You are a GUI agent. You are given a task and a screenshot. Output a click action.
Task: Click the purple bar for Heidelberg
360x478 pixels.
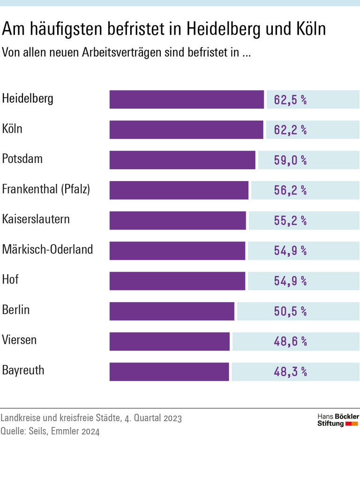[187, 99]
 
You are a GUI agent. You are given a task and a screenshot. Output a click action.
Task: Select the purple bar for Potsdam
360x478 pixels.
[182, 160]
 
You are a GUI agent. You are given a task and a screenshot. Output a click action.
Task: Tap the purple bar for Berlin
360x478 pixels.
[172, 311]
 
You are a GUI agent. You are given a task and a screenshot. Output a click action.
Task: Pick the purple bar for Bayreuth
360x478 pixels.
[169, 372]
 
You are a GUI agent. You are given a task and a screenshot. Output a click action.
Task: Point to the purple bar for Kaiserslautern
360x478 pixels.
[178, 220]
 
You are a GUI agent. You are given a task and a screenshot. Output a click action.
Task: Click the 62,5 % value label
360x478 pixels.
[290, 100]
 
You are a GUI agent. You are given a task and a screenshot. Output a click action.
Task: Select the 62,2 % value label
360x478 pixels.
[290, 130]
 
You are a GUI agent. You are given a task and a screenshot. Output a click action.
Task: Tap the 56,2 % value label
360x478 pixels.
[290, 190]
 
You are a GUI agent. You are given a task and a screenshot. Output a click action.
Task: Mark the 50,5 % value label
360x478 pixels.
[290, 311]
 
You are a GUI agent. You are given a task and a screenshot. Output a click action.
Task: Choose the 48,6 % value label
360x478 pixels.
[290, 341]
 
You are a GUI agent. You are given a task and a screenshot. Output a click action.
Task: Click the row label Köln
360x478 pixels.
[12, 129]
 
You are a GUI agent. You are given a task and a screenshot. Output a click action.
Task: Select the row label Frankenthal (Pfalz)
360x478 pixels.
[46, 189]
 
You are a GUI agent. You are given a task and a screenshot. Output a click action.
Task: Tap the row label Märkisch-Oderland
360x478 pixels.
[47, 250]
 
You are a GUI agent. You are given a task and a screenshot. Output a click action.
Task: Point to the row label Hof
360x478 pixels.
[10, 280]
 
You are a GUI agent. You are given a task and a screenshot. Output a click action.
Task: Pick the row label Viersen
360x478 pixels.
[19, 340]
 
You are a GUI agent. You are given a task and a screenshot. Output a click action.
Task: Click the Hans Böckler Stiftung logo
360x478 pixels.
[338, 420]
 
